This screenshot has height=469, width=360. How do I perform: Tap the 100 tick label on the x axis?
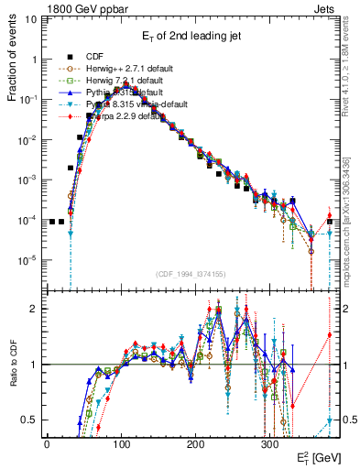click(x=121, y=444)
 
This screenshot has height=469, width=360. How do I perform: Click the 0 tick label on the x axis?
click(x=47, y=444)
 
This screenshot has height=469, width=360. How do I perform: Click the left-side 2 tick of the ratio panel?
click(x=34, y=309)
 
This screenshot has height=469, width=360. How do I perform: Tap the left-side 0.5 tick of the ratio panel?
click(x=30, y=420)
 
